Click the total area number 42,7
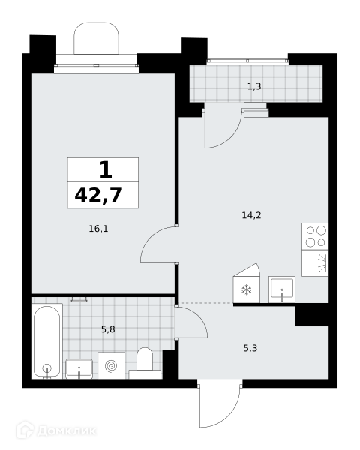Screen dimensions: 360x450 tap(98, 196)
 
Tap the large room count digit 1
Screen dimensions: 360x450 tap(105, 169)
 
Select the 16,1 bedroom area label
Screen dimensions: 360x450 tap(98, 229)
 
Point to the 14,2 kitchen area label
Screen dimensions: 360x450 tap(251, 215)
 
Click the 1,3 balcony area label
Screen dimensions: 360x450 tap(254, 86)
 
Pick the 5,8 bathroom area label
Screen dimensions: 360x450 tap(108, 329)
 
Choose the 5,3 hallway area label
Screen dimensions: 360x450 tap(250, 349)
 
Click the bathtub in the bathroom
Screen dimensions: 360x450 tap(47, 341)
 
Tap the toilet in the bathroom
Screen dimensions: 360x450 tap(145, 363)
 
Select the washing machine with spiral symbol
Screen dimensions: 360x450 tap(112, 366)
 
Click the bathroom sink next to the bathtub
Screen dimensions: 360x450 tap(79, 369)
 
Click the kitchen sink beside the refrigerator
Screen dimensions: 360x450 tap(282, 289)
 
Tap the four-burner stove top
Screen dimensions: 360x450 tap(315, 236)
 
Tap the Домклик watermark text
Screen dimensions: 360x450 tap(66, 431)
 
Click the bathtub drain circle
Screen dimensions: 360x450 tap(46, 367)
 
